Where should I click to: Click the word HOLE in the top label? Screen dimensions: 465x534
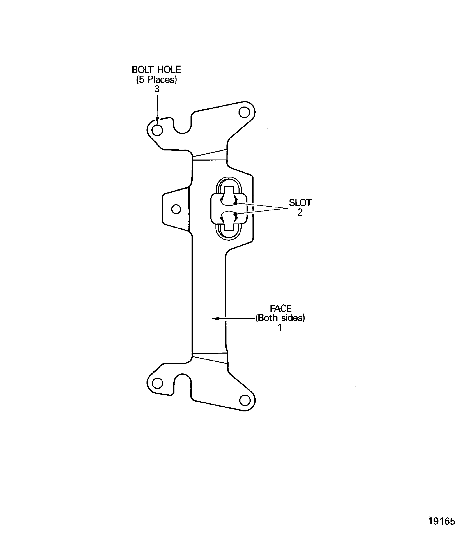pyautogui.click(x=169, y=70)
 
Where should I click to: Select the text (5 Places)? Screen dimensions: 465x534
pyautogui.click(x=156, y=79)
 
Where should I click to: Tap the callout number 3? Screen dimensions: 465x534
pyautogui.click(x=157, y=89)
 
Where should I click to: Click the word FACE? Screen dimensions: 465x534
pyautogui.click(x=280, y=308)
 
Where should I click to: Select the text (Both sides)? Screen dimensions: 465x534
pyautogui.click(x=280, y=318)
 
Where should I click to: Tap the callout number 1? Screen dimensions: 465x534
pyautogui.click(x=280, y=328)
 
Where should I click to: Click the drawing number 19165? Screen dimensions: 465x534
pyautogui.click(x=442, y=521)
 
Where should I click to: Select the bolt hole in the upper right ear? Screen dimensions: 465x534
pyautogui.click(x=244, y=112)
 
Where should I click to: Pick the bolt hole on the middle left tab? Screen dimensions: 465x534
pyautogui.click(x=176, y=209)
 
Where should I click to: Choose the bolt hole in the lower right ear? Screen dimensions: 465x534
pyautogui.click(x=245, y=400)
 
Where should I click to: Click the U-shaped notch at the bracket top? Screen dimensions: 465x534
pyautogui.click(x=182, y=126)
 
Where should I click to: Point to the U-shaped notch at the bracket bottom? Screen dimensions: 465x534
pyautogui.click(x=182, y=384)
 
